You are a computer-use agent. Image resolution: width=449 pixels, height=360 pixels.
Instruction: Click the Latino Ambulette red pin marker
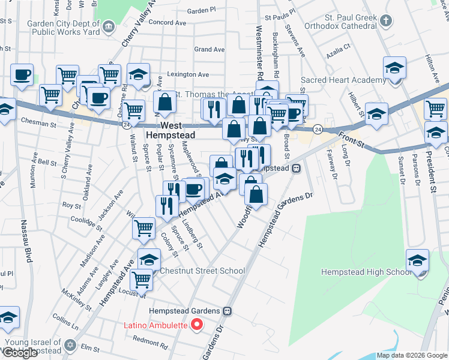[x=196, y=326]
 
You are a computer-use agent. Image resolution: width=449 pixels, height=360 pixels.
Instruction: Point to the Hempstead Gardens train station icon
[x=227, y=311]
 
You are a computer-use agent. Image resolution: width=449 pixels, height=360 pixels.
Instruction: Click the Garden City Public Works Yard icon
[x=108, y=25]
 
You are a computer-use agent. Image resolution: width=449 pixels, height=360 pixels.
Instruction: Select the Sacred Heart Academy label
[x=343, y=80]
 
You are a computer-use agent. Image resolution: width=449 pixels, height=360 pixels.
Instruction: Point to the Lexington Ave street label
[x=188, y=74]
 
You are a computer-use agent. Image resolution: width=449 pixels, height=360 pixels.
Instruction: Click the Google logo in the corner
[x=20, y=353]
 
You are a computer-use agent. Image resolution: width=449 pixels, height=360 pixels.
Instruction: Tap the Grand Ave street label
[x=209, y=49]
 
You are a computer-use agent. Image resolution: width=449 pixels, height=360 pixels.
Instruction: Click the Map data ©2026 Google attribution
[x=412, y=355]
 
